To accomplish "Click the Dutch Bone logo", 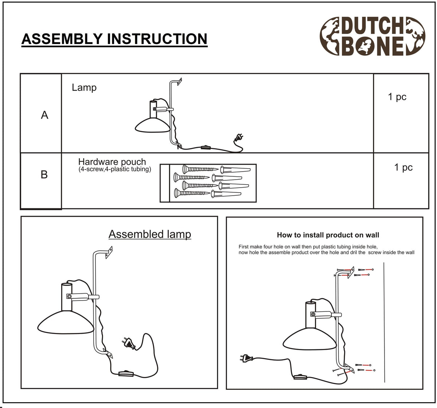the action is point(372,36).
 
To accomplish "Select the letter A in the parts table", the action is point(44,115).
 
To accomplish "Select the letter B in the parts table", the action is point(44,174).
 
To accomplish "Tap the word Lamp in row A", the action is point(84,88).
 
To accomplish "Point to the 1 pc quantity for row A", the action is point(397,97).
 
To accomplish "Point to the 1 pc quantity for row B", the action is point(403,167).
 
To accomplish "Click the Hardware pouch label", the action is point(112,162).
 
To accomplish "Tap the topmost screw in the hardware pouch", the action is point(200,169).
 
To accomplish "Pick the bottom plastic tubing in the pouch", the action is point(226,194).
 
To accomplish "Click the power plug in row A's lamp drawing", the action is point(239,137).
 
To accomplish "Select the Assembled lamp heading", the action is point(150,234).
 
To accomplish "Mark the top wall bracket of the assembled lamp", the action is point(109,252).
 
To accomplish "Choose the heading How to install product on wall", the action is point(328,235).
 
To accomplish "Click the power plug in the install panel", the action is point(247,358).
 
